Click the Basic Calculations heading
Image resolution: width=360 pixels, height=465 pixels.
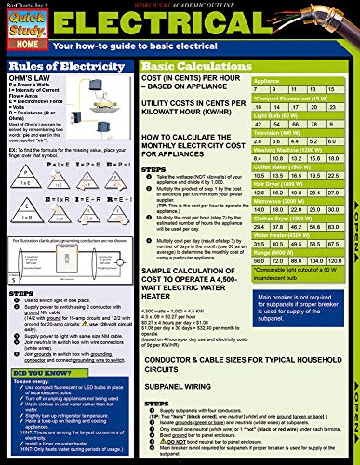(x=190, y=66)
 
